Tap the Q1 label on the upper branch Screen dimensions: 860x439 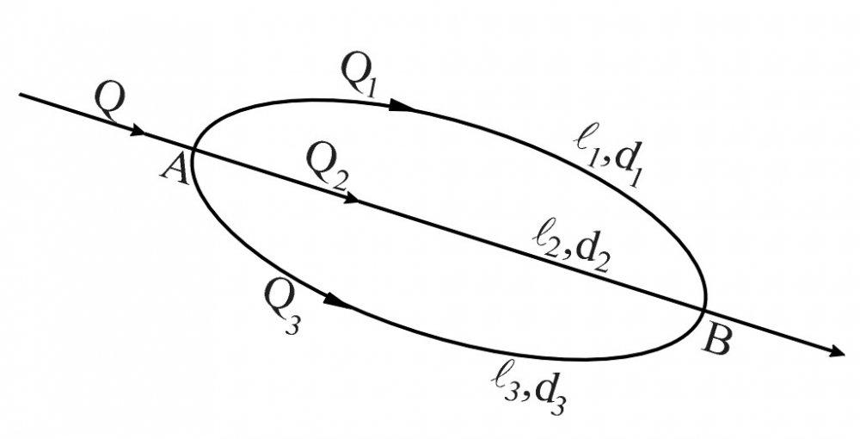coord(359,75)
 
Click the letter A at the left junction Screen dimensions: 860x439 coord(176,169)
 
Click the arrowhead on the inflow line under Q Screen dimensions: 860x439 coord(138,132)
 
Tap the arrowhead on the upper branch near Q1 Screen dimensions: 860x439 coord(402,105)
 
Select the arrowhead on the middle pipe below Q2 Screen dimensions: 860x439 coord(350,198)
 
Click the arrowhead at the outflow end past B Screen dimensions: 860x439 coord(837,352)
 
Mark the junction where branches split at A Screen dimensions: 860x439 coord(193,149)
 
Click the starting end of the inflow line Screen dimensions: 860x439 coord(20,95)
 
